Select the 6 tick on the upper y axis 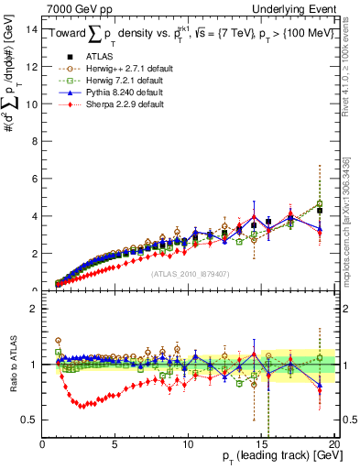[x=36, y=179]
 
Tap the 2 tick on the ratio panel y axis [x=36, y=309]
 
